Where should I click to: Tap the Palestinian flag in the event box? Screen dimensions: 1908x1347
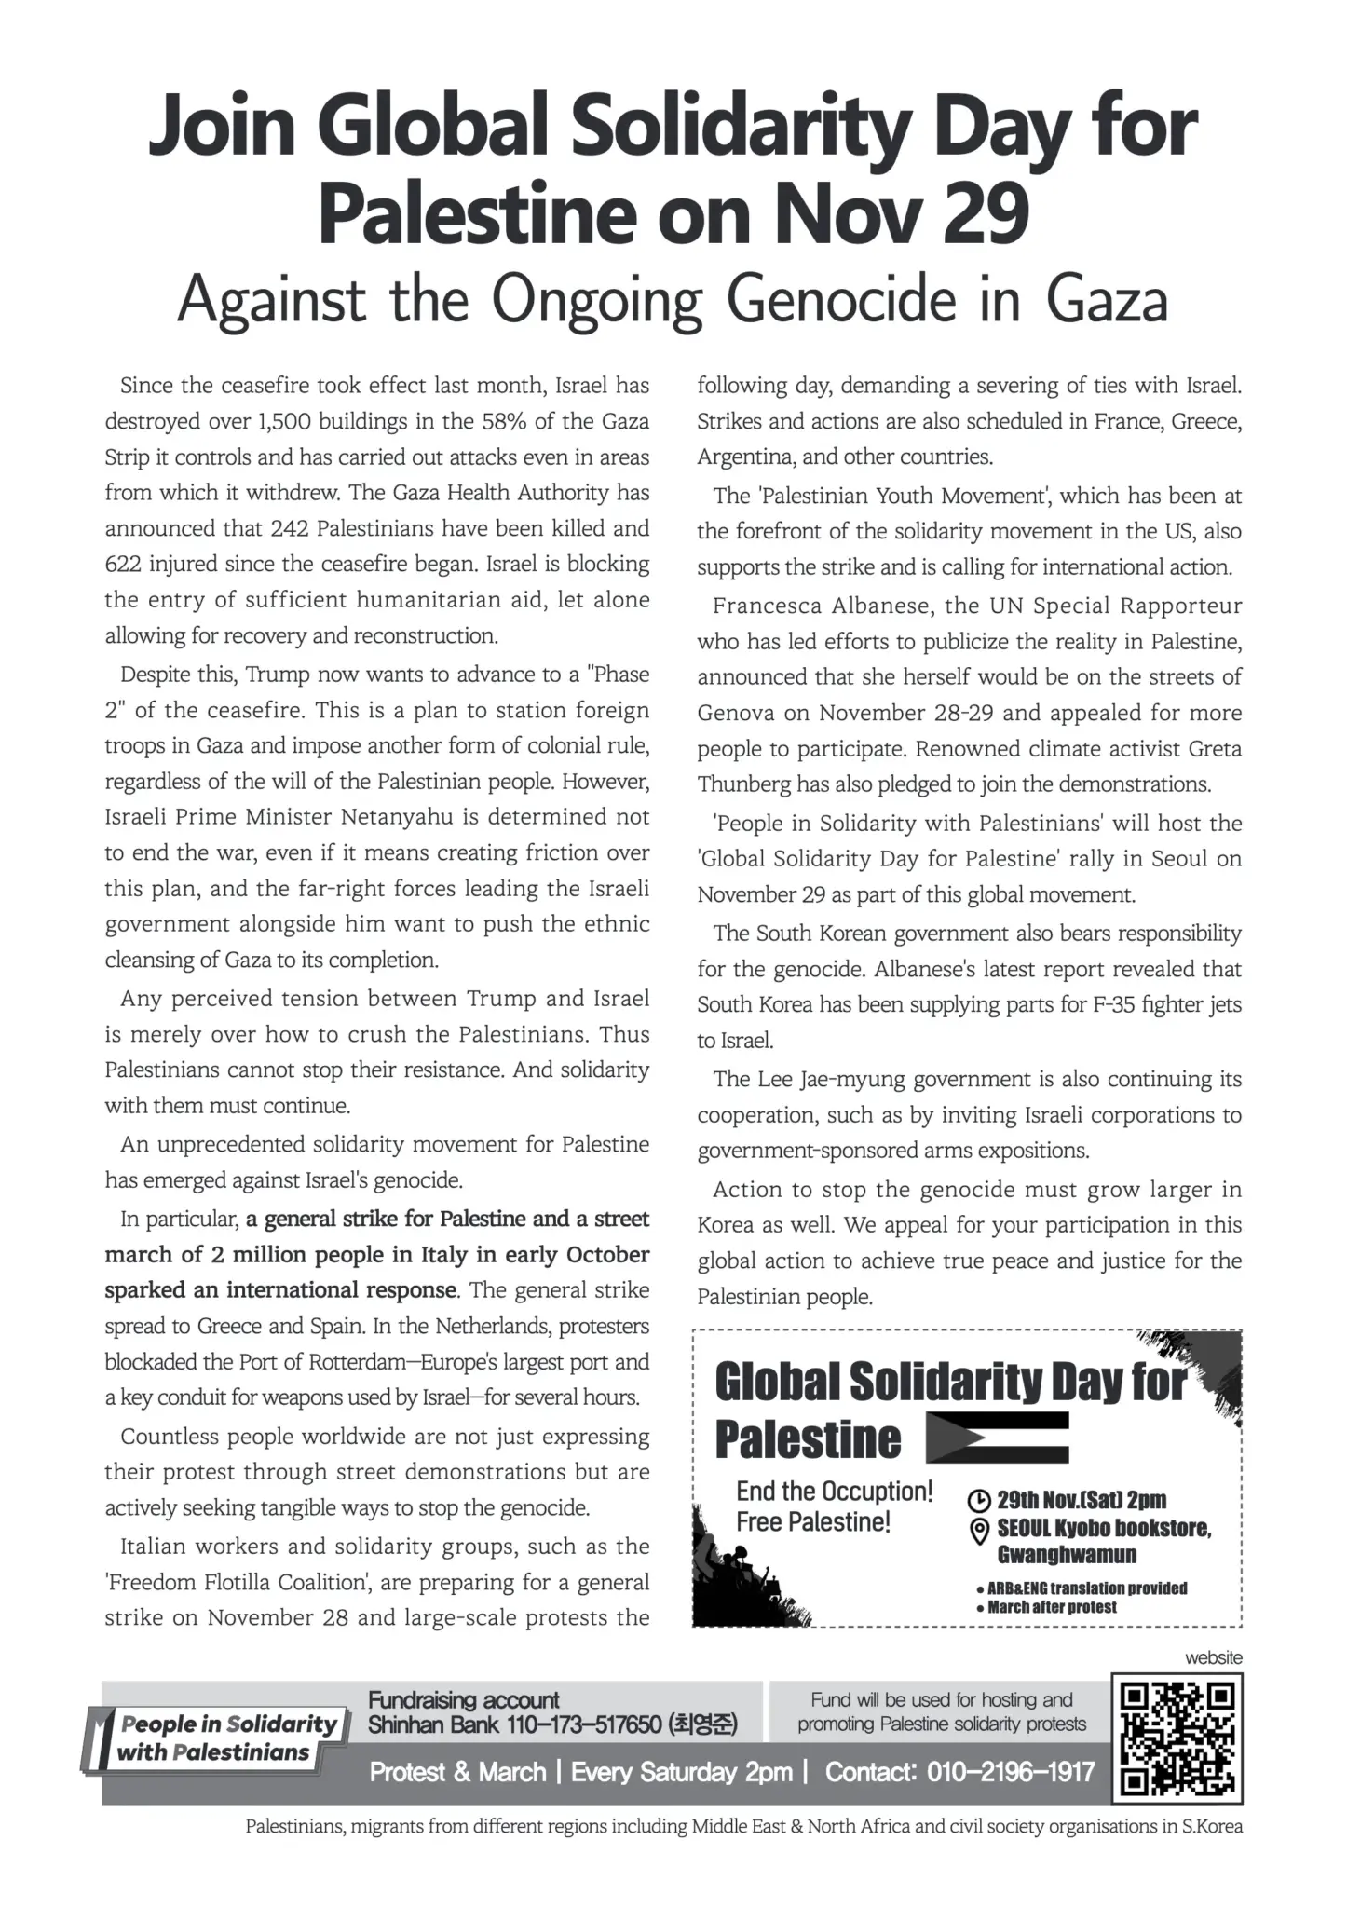click(998, 1438)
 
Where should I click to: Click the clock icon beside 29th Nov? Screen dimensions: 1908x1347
click(980, 1500)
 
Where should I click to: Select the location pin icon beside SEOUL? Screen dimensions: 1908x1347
click(980, 1530)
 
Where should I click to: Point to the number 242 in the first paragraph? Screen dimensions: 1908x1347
click(290, 529)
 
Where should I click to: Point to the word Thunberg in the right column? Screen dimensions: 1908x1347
click(743, 784)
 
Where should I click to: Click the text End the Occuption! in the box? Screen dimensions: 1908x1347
click(834, 1492)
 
